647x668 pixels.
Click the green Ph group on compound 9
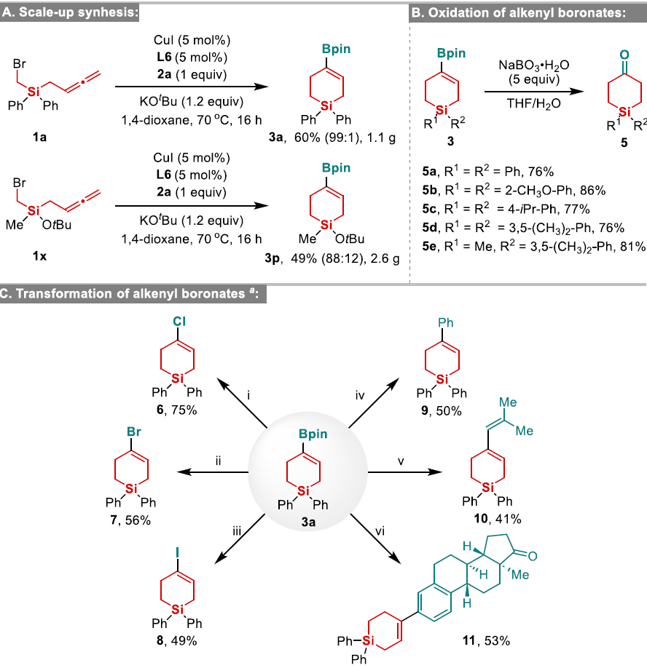[444, 319]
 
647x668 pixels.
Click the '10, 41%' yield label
[502, 518]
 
